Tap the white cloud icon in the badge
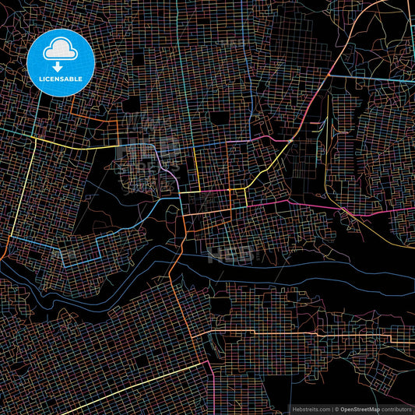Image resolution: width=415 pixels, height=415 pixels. click(61, 50)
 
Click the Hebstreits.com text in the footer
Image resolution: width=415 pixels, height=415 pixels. click(310, 409)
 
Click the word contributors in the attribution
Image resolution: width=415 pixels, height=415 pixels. click(396, 409)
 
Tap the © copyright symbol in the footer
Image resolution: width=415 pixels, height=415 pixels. click(336, 409)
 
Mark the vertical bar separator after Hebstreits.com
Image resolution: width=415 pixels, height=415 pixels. click(331, 409)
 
